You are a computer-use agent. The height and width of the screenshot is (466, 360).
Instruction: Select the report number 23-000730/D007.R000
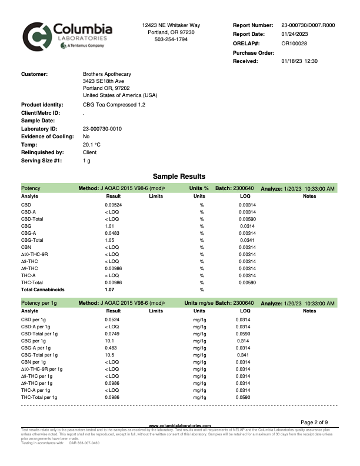(x=308, y=25)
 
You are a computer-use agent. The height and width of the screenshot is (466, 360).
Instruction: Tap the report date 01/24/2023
(x=295, y=34)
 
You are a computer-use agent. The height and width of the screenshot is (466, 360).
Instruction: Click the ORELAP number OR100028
(x=294, y=43)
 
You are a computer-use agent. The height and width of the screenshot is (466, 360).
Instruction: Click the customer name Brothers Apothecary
(x=107, y=74)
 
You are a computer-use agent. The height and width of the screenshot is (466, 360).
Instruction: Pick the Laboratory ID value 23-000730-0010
(x=102, y=128)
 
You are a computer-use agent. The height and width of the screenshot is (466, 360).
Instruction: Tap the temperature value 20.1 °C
(x=92, y=144)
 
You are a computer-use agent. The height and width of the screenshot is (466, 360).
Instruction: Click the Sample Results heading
(x=179, y=176)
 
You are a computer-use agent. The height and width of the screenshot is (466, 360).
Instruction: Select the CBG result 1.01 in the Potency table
(x=109, y=226)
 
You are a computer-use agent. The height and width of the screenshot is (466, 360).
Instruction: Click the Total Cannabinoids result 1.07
(x=109, y=289)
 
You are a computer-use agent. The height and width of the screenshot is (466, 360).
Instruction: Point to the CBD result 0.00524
(x=114, y=205)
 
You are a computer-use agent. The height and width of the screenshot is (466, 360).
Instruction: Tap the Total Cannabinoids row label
(x=42, y=289)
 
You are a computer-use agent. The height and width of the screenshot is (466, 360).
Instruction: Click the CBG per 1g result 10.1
(x=109, y=341)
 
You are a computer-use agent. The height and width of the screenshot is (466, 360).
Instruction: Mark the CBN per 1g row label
(x=38, y=362)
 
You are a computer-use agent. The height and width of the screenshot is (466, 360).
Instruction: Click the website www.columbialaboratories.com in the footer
(x=179, y=425)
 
